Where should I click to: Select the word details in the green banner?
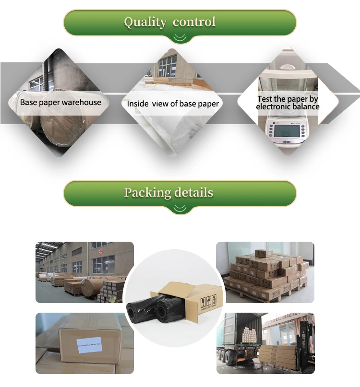point(191,193)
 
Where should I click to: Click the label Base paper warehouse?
point(60,102)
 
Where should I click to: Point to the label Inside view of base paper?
point(173,104)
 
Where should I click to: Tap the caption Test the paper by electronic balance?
point(288,103)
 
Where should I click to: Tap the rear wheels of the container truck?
point(230,361)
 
